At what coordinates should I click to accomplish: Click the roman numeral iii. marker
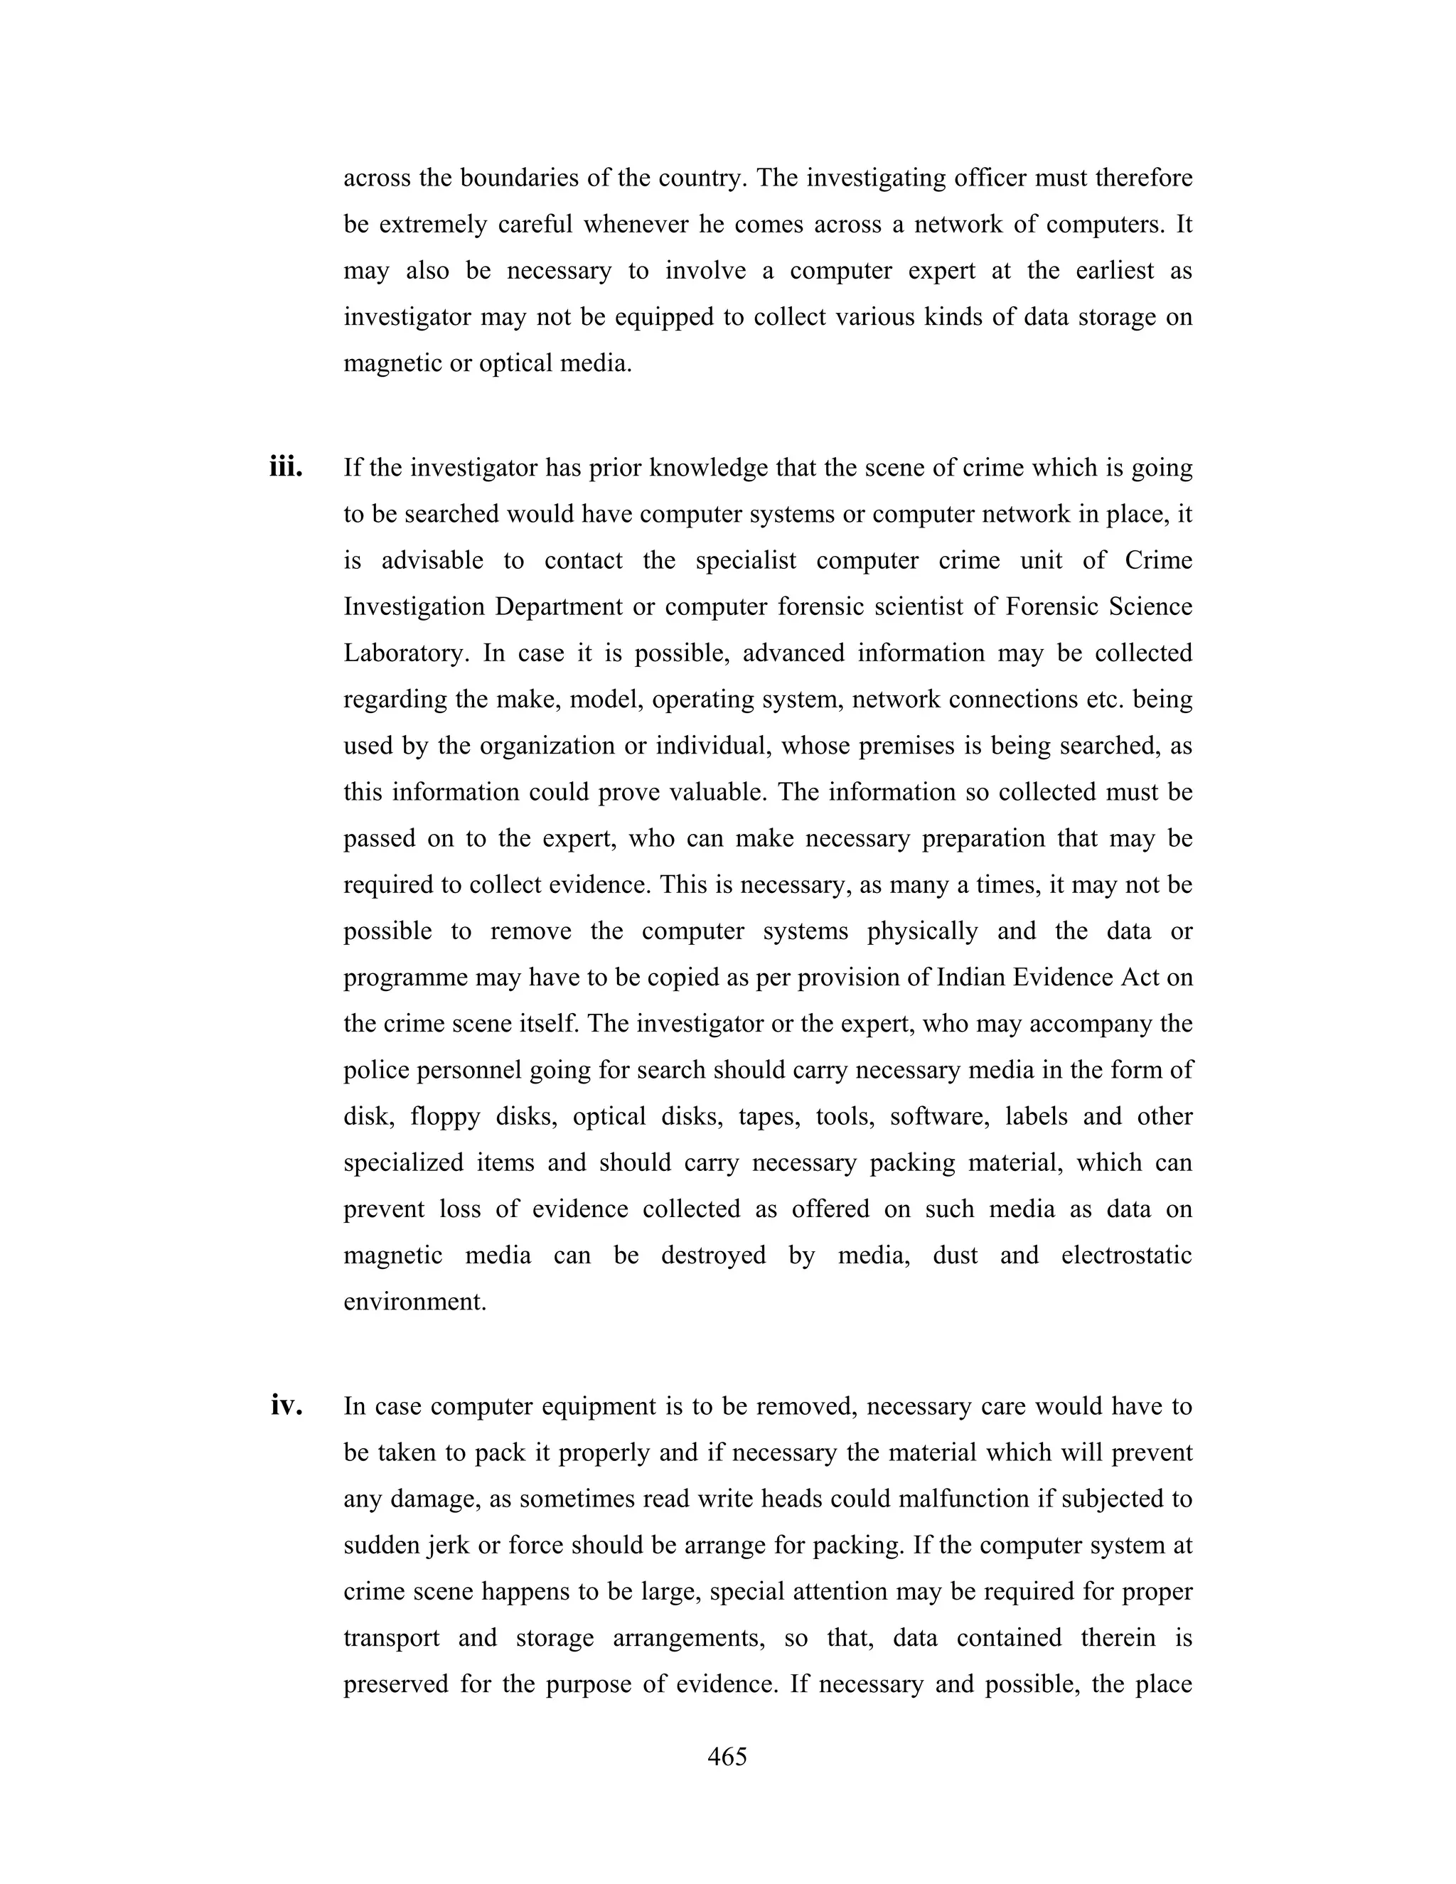286,469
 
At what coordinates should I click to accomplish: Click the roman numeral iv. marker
286,1407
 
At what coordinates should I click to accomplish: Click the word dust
955,1255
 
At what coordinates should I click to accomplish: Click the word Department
558,606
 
